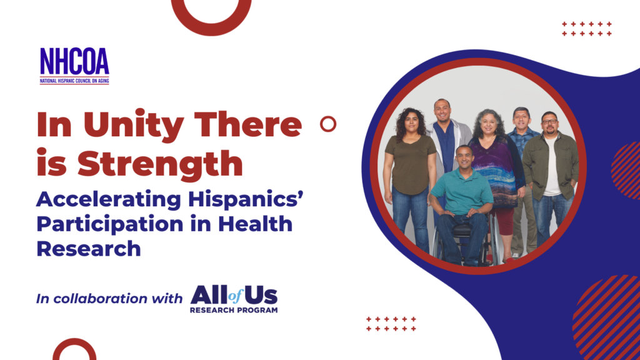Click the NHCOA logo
(x=74, y=66)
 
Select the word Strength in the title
(x=160, y=164)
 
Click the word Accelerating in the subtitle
(x=109, y=199)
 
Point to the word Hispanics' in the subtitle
(x=246, y=199)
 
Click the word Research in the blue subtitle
(x=89, y=249)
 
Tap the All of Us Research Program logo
(x=234, y=299)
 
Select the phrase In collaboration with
(x=109, y=298)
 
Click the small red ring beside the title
(x=328, y=117)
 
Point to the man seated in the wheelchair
(x=462, y=204)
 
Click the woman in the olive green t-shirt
(x=410, y=179)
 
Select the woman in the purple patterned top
(x=495, y=179)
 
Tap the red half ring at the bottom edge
(x=74, y=341)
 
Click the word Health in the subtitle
(x=255, y=224)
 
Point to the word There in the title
(x=248, y=124)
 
